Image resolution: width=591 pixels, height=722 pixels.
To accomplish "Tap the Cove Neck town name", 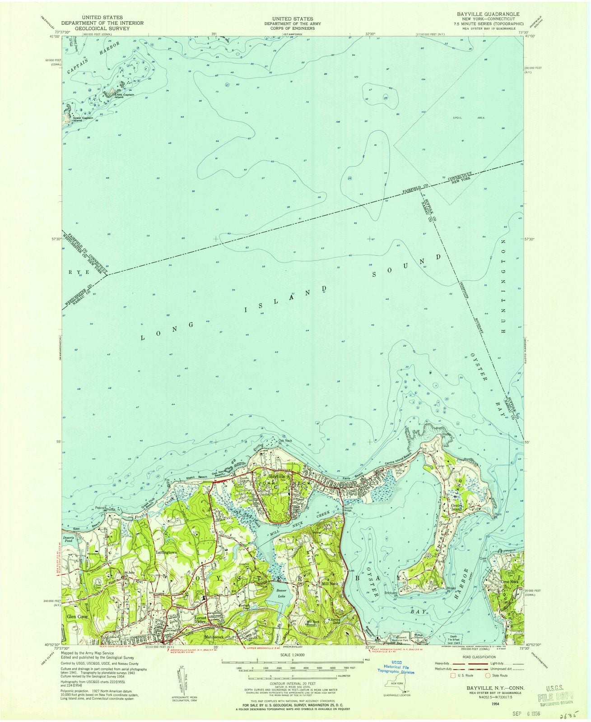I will (511, 582).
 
